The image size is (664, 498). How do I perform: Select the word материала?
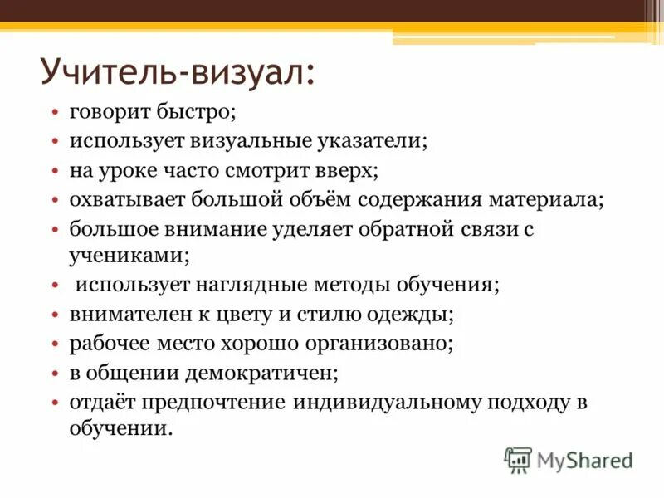click(x=543, y=200)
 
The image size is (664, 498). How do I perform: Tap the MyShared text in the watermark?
click(x=585, y=459)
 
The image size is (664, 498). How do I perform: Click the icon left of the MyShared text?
click(x=518, y=459)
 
